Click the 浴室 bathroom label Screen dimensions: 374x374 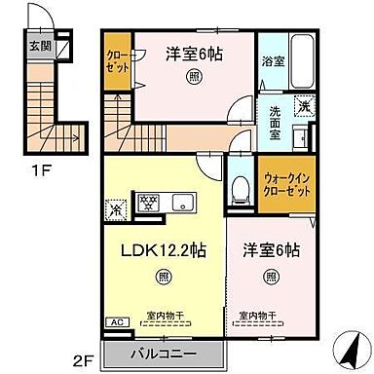click(272, 60)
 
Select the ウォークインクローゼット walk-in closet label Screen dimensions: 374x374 click(287, 185)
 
